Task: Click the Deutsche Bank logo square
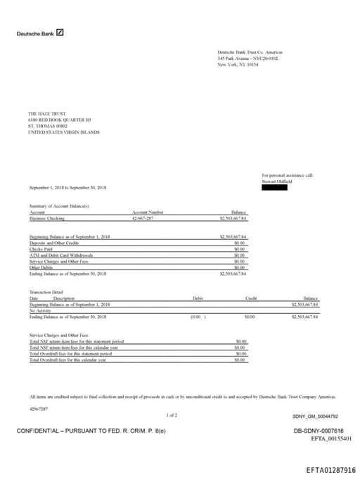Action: coord(60,32)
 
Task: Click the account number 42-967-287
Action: coord(143,219)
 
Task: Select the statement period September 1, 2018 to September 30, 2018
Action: coord(68,188)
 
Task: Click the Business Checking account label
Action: coord(46,219)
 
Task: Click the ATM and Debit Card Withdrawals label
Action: coord(61,255)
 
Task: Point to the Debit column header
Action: coord(198,298)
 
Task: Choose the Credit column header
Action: coord(250,298)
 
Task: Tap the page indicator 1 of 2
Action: coord(172,415)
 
